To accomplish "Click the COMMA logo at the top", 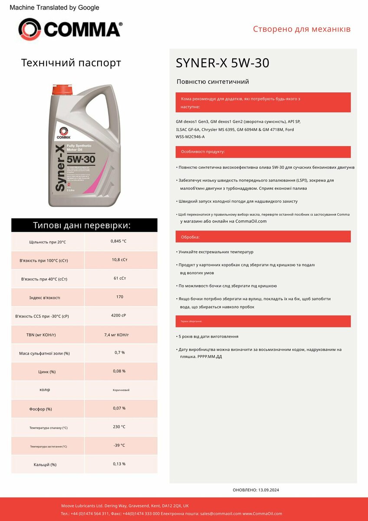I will click(70, 30).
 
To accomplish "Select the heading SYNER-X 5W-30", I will click(222, 63).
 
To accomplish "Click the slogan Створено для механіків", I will click(302, 30).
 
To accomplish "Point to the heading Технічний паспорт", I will click(71, 63).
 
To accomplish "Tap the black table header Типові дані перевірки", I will click(84, 225).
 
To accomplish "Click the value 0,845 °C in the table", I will click(118, 241).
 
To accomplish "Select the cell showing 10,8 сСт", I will click(119, 260).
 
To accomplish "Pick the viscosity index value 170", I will click(120, 297).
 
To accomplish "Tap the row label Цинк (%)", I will click(47, 372).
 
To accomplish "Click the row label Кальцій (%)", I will click(45, 465).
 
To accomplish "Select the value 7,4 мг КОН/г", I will click(117, 335).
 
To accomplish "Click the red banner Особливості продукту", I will click(263, 152).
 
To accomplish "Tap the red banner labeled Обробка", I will click(263, 237).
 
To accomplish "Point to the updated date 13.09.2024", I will click(269, 490).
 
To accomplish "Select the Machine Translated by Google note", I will click(54, 7).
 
